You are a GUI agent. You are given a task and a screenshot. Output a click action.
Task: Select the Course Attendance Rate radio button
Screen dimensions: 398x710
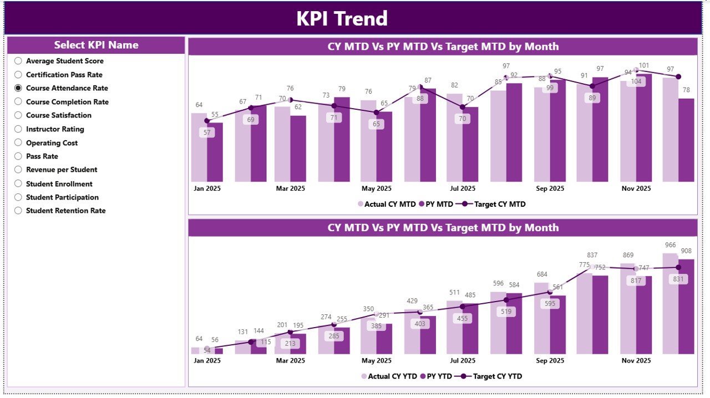[18, 88]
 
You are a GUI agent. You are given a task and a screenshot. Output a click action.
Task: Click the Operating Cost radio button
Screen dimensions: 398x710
[18, 143]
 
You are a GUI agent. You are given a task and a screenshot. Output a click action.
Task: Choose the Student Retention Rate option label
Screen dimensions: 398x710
[65, 211]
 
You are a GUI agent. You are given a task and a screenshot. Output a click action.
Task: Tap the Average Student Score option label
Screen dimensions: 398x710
[64, 61]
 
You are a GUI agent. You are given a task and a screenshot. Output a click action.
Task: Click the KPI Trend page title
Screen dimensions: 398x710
[342, 19]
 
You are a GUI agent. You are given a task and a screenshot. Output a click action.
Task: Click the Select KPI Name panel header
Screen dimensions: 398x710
[96, 45]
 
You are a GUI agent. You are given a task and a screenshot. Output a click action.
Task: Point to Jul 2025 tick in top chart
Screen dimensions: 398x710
[463, 188]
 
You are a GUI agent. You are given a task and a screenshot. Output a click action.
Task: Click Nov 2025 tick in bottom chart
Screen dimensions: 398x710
[636, 360]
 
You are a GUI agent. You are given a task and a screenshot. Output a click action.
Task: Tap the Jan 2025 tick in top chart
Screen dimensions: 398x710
[207, 188]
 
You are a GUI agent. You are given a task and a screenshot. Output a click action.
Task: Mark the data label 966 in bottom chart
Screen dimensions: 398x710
[670, 244]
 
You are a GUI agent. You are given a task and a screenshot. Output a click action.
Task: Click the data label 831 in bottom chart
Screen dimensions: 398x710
[678, 279]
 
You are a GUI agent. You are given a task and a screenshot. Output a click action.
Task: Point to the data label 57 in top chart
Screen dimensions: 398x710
[207, 132]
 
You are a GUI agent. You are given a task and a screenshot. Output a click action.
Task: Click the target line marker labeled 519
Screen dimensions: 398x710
[506, 300]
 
